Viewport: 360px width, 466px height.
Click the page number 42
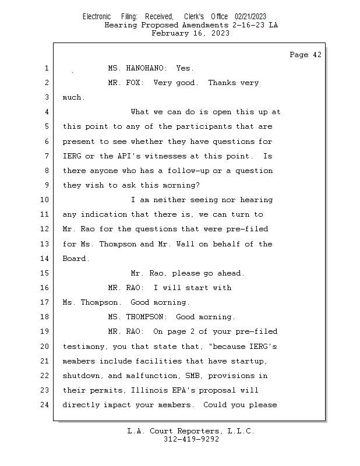point(317,55)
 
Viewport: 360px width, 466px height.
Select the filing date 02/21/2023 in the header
point(250,17)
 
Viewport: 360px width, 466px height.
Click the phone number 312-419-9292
point(191,439)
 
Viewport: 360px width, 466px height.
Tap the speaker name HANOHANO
point(144,68)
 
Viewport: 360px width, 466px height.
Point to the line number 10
point(44,200)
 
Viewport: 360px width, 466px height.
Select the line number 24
point(44,405)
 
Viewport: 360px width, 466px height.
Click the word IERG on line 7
point(72,156)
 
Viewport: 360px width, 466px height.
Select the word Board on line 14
point(75,259)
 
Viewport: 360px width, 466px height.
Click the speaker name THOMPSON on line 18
point(144,317)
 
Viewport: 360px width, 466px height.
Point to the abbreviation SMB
point(192,376)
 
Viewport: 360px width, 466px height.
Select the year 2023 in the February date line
point(220,33)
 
